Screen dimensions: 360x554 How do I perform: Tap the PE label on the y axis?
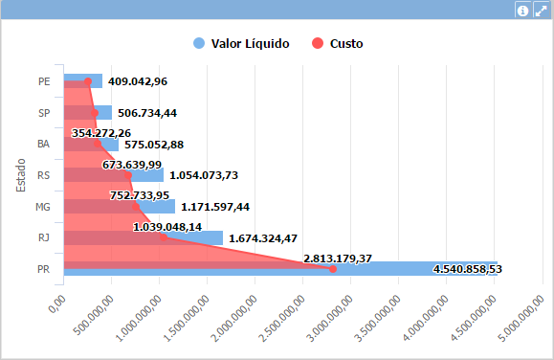click(44, 81)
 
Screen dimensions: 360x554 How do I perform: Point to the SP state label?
click(44, 113)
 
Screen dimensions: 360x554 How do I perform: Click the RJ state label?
click(44, 237)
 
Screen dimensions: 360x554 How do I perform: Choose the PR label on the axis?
click(44, 269)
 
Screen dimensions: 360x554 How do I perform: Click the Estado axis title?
click(20, 174)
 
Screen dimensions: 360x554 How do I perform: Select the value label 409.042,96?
click(138, 81)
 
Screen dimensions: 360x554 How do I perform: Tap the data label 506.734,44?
click(147, 113)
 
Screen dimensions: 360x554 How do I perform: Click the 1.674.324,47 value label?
click(262, 237)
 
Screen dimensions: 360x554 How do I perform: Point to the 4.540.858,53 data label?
click(468, 269)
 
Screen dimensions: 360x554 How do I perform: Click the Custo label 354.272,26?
click(101, 133)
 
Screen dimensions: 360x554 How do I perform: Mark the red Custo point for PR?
click(333, 269)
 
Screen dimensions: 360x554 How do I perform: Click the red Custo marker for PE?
click(88, 82)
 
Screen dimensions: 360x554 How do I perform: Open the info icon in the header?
click(522, 10)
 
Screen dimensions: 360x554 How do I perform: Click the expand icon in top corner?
click(541, 10)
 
